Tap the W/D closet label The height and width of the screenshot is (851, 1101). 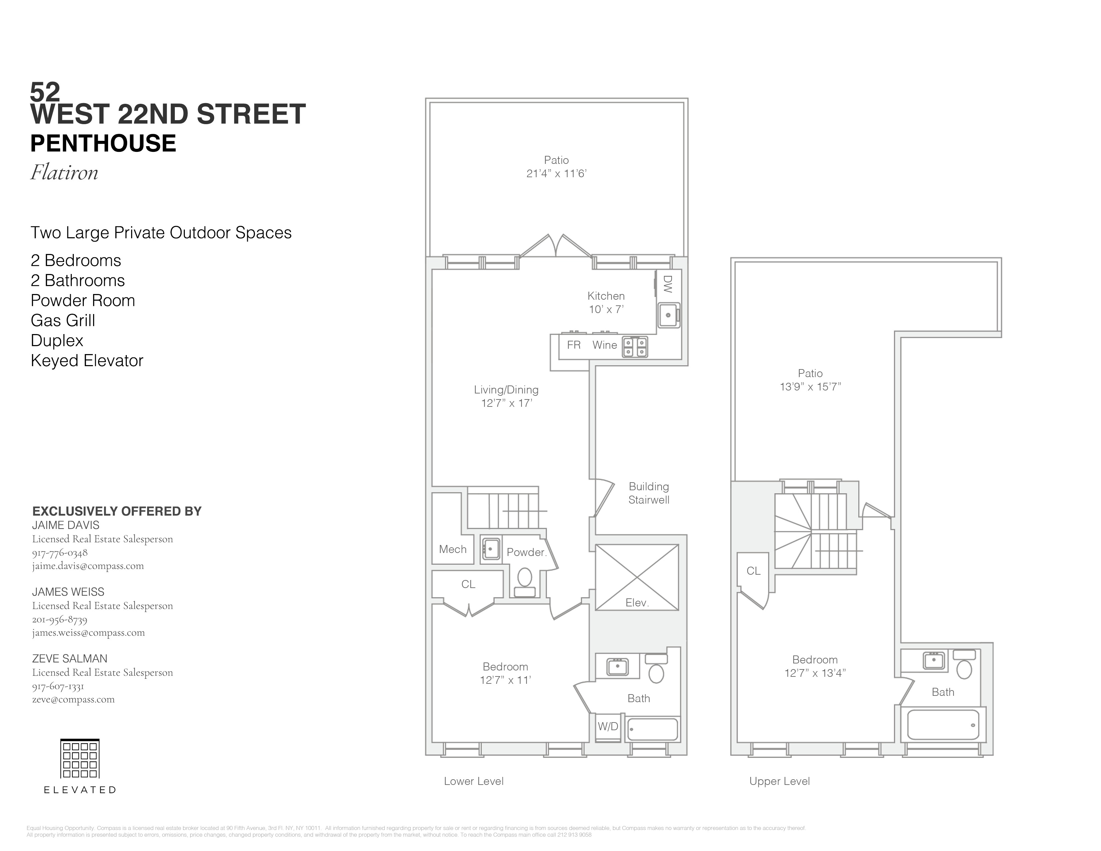pos(608,727)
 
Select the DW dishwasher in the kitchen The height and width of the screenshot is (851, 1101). pos(668,284)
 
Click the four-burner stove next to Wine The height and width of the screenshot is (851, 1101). pos(635,347)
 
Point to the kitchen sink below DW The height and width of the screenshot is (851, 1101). pos(669,315)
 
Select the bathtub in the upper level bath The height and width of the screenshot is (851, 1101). pos(943,725)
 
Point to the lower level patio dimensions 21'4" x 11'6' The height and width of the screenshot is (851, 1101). pos(556,174)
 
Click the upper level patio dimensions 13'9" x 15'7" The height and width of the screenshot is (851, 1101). pos(810,387)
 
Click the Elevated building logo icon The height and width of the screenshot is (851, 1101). pos(80,758)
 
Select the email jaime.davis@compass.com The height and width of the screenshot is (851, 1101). pos(88,566)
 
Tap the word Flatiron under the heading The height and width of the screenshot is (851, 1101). pos(64,173)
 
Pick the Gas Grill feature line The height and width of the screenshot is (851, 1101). pos(63,320)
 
